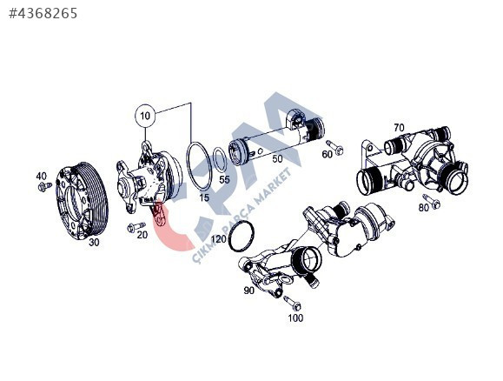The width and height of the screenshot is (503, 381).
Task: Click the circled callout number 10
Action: pos(145,116)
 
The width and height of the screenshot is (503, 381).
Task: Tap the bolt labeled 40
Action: pos(44,186)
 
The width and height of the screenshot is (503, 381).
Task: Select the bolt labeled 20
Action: pos(136,226)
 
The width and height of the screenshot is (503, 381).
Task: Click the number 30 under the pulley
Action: pos(94,242)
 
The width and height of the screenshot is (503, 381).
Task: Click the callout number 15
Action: pos(204,197)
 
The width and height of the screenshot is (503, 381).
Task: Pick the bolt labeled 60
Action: pos(335,147)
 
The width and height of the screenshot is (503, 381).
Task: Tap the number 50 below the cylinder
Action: pos(277,158)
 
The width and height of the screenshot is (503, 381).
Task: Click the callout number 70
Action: pos(399,128)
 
